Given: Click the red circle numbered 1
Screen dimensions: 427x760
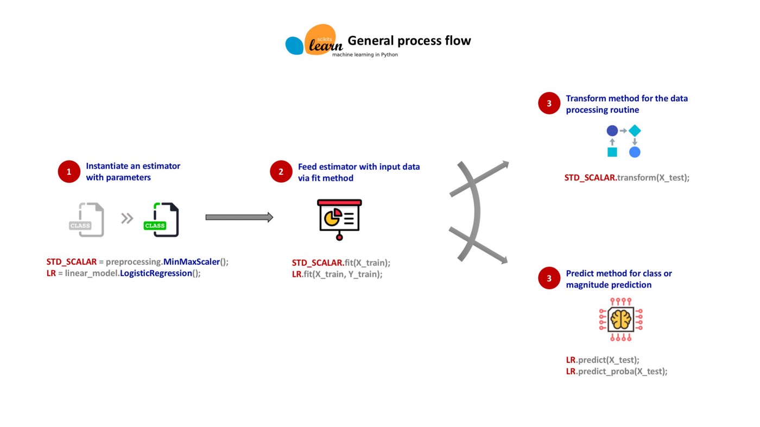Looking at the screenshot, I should coord(69,172).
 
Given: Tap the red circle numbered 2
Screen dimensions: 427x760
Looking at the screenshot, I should coord(281,172).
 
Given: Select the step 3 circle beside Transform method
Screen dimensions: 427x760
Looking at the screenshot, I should coord(549,104).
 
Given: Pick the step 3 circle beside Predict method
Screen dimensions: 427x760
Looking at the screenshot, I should coord(549,278).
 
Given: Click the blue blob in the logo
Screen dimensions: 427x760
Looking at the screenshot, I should coord(294,46).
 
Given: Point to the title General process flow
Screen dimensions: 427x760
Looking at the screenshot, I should coord(409,41).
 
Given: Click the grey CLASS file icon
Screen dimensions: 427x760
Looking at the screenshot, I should coord(87,220).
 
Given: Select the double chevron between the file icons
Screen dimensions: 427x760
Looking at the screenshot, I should coord(127,218).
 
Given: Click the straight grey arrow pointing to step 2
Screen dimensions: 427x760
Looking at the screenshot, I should coord(239,218).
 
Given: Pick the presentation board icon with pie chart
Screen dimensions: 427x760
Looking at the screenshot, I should coord(339,219).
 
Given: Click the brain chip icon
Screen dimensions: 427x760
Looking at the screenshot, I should coord(620,319).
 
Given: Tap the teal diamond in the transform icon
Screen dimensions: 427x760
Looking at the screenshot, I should coord(635,131).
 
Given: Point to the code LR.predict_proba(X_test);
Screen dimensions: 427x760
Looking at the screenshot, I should coord(617,371).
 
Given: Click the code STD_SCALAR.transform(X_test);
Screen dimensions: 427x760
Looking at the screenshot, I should coord(627,177).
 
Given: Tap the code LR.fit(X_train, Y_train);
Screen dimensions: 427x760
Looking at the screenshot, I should coord(337,274).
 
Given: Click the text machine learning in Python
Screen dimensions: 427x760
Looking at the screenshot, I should coord(365,55).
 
